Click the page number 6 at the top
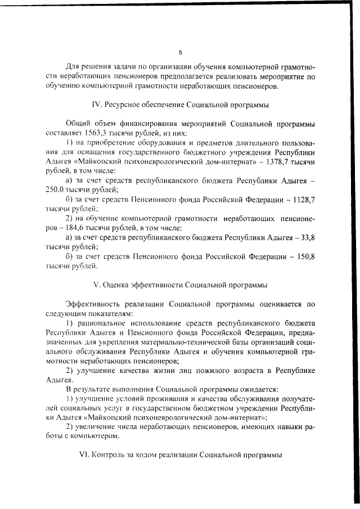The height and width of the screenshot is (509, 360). tap(181, 53)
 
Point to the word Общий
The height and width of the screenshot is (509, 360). tap(77, 124)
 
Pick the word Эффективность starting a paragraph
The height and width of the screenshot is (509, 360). tap(94, 304)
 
